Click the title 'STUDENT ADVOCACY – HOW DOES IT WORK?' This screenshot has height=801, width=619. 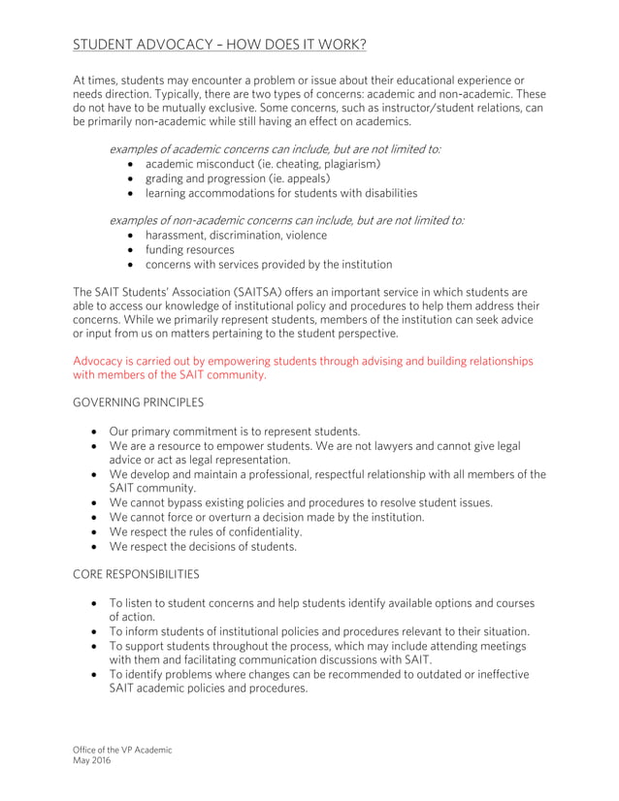(219, 45)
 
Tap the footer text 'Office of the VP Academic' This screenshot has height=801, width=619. (122, 750)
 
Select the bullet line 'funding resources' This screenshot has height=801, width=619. (189, 249)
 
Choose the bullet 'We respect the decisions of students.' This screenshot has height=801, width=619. (203, 546)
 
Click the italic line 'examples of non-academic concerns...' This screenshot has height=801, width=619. (286, 220)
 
